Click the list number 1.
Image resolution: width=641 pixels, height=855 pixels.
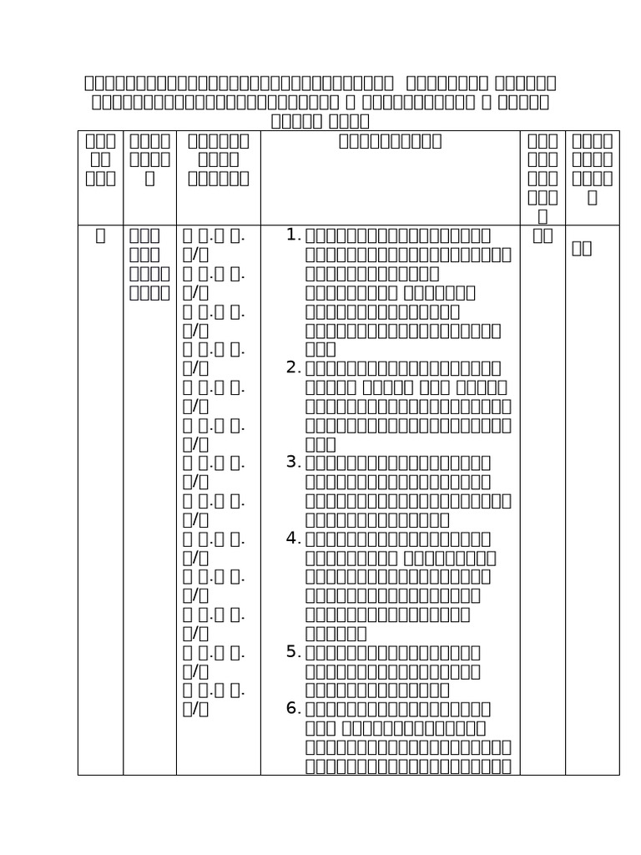pos(293,235)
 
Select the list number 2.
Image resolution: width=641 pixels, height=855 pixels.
pos(293,367)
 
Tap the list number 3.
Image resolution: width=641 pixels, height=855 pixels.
pos(293,463)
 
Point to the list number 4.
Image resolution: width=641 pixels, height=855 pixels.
pos(293,538)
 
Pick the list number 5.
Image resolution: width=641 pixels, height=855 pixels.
pos(293,652)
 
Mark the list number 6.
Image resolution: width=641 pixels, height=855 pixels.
pos(293,709)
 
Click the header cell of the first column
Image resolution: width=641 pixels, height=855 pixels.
pos(100,159)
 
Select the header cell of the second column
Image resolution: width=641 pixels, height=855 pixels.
pos(149,159)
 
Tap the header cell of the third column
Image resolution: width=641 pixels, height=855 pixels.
pos(218,159)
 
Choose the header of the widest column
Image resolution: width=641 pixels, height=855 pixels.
pos(390,141)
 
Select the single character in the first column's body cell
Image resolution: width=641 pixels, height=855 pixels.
pos(100,235)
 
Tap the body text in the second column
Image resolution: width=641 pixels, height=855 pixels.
pos(149,264)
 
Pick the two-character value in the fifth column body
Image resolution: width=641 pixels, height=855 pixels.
pos(543,235)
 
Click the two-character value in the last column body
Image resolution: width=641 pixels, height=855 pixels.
pos(582,248)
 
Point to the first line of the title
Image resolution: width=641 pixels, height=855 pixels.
pos(320,83)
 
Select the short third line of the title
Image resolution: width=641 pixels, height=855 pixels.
pos(320,121)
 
